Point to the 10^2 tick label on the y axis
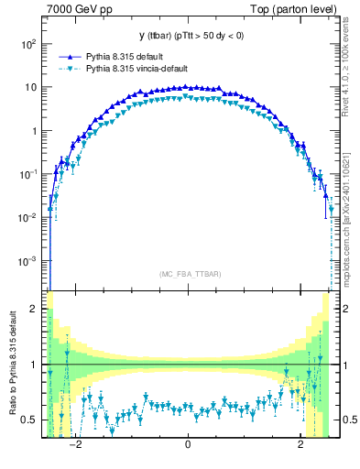click(x=27, y=44)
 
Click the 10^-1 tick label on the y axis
click(x=27, y=174)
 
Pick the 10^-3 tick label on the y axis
click(x=27, y=261)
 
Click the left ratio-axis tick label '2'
click(x=35, y=309)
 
